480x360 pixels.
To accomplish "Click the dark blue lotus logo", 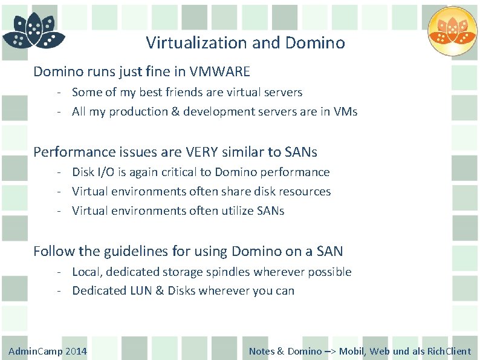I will tap(33, 31).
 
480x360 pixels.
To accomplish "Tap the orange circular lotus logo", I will tap(452, 31).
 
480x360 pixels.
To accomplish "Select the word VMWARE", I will tap(219, 72).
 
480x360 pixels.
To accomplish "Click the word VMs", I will tap(345, 112).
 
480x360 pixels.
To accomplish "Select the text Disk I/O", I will tap(89, 172).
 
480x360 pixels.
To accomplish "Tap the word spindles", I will tap(228, 272).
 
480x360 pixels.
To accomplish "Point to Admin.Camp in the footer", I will tap(34, 352).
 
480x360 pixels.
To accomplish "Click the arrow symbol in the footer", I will tap(331, 352).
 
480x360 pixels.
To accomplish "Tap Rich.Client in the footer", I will tap(449, 352).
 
